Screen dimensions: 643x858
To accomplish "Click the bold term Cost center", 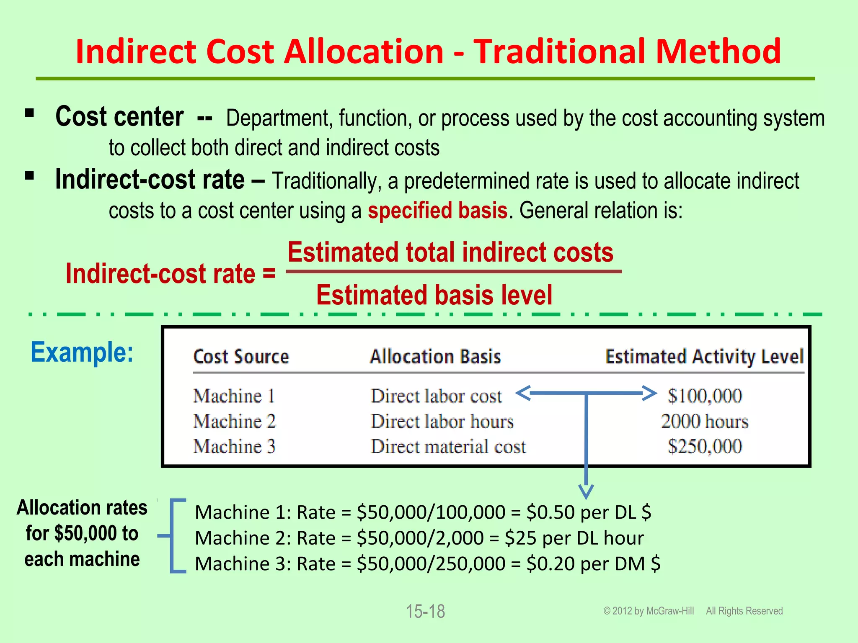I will (119, 117).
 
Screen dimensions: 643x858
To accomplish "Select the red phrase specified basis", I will (437, 211).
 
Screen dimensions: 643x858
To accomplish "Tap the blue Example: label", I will (82, 352).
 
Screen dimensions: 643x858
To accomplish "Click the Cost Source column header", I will (241, 357).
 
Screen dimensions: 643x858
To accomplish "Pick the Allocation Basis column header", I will (435, 357).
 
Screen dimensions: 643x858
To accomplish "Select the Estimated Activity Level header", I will (704, 357).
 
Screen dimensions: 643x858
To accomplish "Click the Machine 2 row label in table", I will (235, 422).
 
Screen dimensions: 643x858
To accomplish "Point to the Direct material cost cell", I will (448, 447).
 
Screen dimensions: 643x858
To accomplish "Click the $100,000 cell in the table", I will (705, 396).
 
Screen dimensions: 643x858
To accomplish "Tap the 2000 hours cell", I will (705, 422).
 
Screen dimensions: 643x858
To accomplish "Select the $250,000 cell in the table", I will (705, 447).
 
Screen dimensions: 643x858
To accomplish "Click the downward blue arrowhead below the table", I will (586, 491).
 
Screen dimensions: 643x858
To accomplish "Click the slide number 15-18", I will (425, 612).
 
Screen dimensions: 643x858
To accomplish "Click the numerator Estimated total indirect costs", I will (450, 252).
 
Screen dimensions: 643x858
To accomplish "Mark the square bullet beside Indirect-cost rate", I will (29, 175).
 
